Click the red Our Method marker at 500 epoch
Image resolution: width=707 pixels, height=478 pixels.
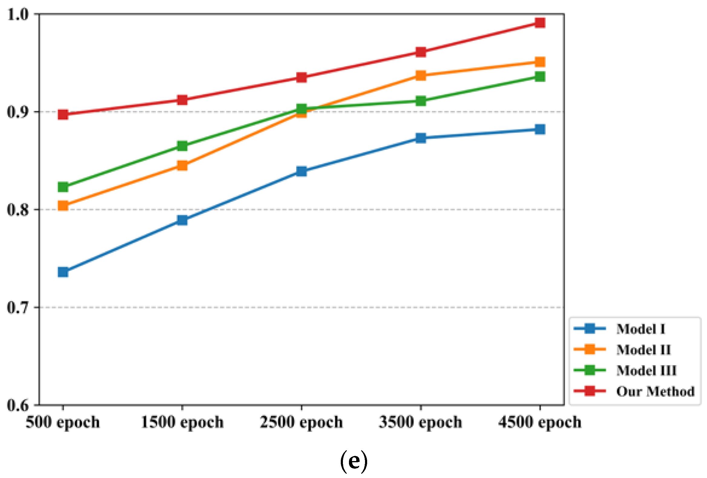click(63, 115)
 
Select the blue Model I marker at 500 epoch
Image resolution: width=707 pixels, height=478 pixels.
click(63, 272)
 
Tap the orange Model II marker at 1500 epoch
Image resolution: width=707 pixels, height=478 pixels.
click(182, 166)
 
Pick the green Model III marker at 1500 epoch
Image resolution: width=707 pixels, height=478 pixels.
click(182, 146)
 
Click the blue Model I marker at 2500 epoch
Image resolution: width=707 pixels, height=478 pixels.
click(301, 171)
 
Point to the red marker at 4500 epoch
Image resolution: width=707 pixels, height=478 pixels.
click(540, 23)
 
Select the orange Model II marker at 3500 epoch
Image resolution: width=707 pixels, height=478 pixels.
click(421, 75)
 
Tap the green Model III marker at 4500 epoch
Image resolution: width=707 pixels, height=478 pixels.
click(540, 76)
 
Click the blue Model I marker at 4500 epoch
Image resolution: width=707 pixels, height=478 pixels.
click(540, 129)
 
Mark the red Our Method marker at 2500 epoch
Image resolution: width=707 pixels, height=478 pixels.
click(301, 77)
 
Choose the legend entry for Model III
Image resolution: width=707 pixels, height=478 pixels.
click(646, 370)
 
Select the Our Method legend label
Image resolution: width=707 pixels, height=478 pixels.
click(655, 391)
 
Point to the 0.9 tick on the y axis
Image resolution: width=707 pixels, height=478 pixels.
click(17, 112)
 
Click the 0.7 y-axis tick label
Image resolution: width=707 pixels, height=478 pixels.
click(17, 307)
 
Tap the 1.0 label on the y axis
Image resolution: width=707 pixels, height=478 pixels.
click(17, 14)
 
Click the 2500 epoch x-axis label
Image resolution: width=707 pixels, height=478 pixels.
click(301, 422)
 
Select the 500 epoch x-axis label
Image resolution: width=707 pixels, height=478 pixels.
click(63, 422)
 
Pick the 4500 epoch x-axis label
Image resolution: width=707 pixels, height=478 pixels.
click(540, 422)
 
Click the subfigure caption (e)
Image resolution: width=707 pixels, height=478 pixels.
click(353, 462)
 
